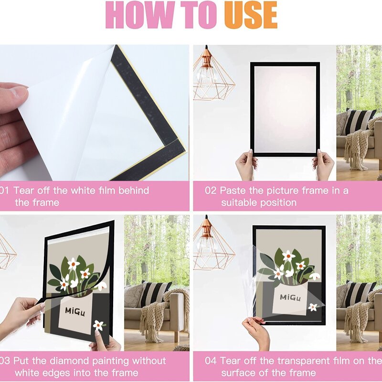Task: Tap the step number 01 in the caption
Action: point(5,191)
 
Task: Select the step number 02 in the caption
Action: point(211,191)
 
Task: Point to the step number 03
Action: point(5,361)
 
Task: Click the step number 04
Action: point(211,361)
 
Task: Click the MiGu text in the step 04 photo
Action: point(290,297)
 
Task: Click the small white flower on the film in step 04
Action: point(313,307)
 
